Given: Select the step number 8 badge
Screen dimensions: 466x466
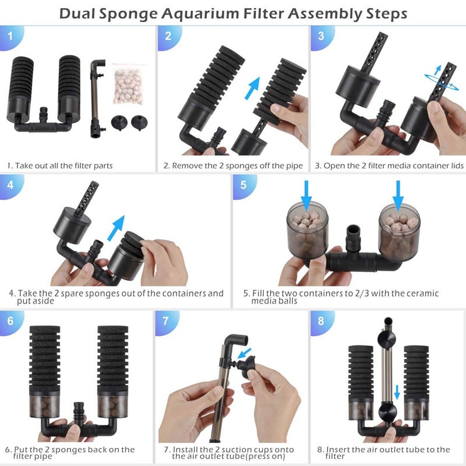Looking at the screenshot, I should point(322,322).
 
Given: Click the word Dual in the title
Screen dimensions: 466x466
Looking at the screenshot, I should point(80,13).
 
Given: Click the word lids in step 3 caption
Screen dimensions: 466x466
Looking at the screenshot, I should point(454,166).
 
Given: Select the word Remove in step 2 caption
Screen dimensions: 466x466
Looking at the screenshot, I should point(189,166).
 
